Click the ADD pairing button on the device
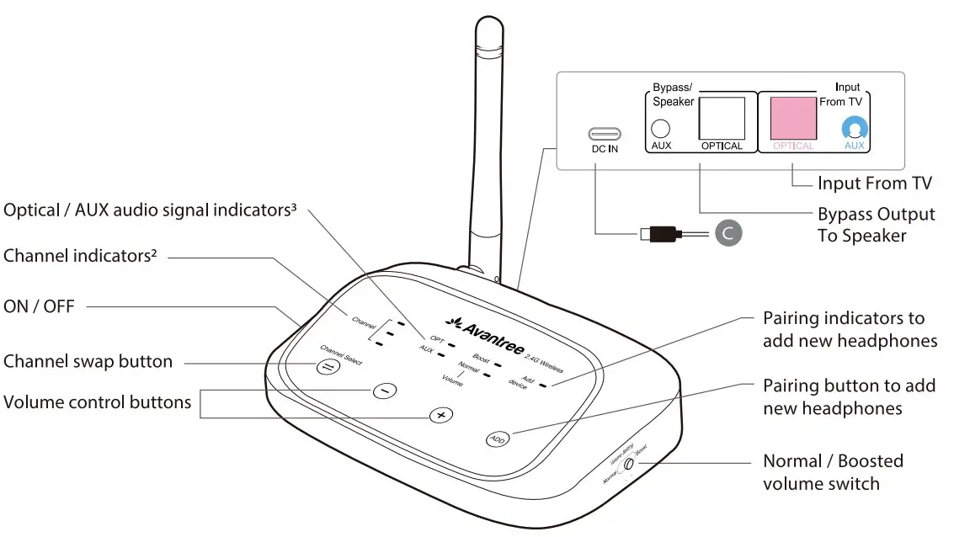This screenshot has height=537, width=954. coord(498,439)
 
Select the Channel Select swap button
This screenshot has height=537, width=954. coord(325,366)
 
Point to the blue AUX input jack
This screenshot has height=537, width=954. coord(855,129)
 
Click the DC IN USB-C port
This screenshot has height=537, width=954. coord(605,133)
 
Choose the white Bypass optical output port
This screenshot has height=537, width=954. coord(722,118)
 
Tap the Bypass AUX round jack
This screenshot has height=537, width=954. coord(661,129)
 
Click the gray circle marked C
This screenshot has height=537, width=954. coord(728,233)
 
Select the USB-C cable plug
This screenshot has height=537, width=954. coord(661,232)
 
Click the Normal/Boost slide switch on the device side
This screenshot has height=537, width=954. coord(628,463)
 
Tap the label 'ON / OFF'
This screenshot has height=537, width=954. coord(39,306)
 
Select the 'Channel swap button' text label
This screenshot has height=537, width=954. coord(88,362)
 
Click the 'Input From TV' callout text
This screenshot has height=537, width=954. coord(874,183)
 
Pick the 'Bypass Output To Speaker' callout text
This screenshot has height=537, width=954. coord(876,225)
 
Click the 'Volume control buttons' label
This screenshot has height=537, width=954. coord(97,402)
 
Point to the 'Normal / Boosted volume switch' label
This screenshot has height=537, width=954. coord(833,472)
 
